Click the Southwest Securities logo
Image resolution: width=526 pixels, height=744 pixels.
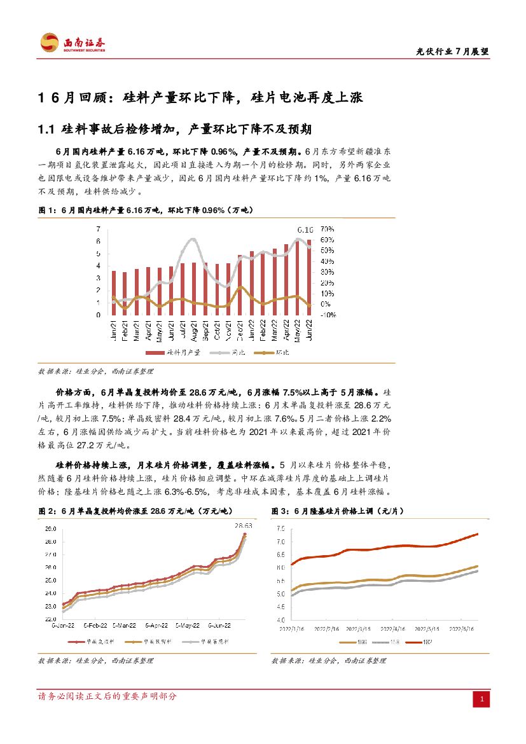(73, 43)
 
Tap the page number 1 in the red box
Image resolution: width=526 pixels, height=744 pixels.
(483, 700)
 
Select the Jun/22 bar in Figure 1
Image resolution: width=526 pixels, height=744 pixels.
(310, 277)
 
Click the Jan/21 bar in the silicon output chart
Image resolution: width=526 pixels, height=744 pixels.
(114, 293)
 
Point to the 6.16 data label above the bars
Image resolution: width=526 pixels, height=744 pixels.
(306, 229)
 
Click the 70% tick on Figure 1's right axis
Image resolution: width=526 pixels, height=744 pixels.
(327, 229)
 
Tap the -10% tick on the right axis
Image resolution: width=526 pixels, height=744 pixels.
(328, 315)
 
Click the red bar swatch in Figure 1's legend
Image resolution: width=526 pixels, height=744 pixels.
(155, 352)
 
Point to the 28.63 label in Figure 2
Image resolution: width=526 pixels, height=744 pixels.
(244, 526)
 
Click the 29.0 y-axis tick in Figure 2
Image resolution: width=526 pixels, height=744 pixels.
(50, 529)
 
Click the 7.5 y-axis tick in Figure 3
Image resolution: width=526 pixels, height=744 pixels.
(280, 529)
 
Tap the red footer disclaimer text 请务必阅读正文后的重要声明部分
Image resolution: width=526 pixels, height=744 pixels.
(108, 696)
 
